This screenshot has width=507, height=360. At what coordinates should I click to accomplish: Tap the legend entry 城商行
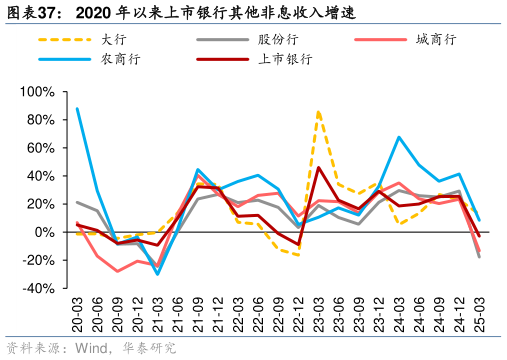435,39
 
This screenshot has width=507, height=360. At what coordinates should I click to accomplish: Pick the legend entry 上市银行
283,59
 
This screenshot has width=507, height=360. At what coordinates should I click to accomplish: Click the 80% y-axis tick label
39,120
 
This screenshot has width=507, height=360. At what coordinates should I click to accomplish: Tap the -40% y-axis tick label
37,288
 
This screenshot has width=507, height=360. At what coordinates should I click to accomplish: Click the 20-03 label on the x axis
77,314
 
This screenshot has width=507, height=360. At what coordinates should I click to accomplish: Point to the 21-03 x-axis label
158,314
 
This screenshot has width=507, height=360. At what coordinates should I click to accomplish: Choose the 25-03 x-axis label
480,314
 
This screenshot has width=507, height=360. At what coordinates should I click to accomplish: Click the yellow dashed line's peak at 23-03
318,111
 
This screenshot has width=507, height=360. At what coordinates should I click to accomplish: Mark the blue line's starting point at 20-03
77,108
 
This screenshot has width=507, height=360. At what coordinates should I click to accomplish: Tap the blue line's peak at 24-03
399,137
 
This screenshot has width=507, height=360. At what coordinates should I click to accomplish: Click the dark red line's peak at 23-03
318,167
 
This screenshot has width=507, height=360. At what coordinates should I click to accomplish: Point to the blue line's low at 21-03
158,274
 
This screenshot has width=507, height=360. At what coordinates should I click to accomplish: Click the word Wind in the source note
86,348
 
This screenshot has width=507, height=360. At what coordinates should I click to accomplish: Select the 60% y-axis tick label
39,148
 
